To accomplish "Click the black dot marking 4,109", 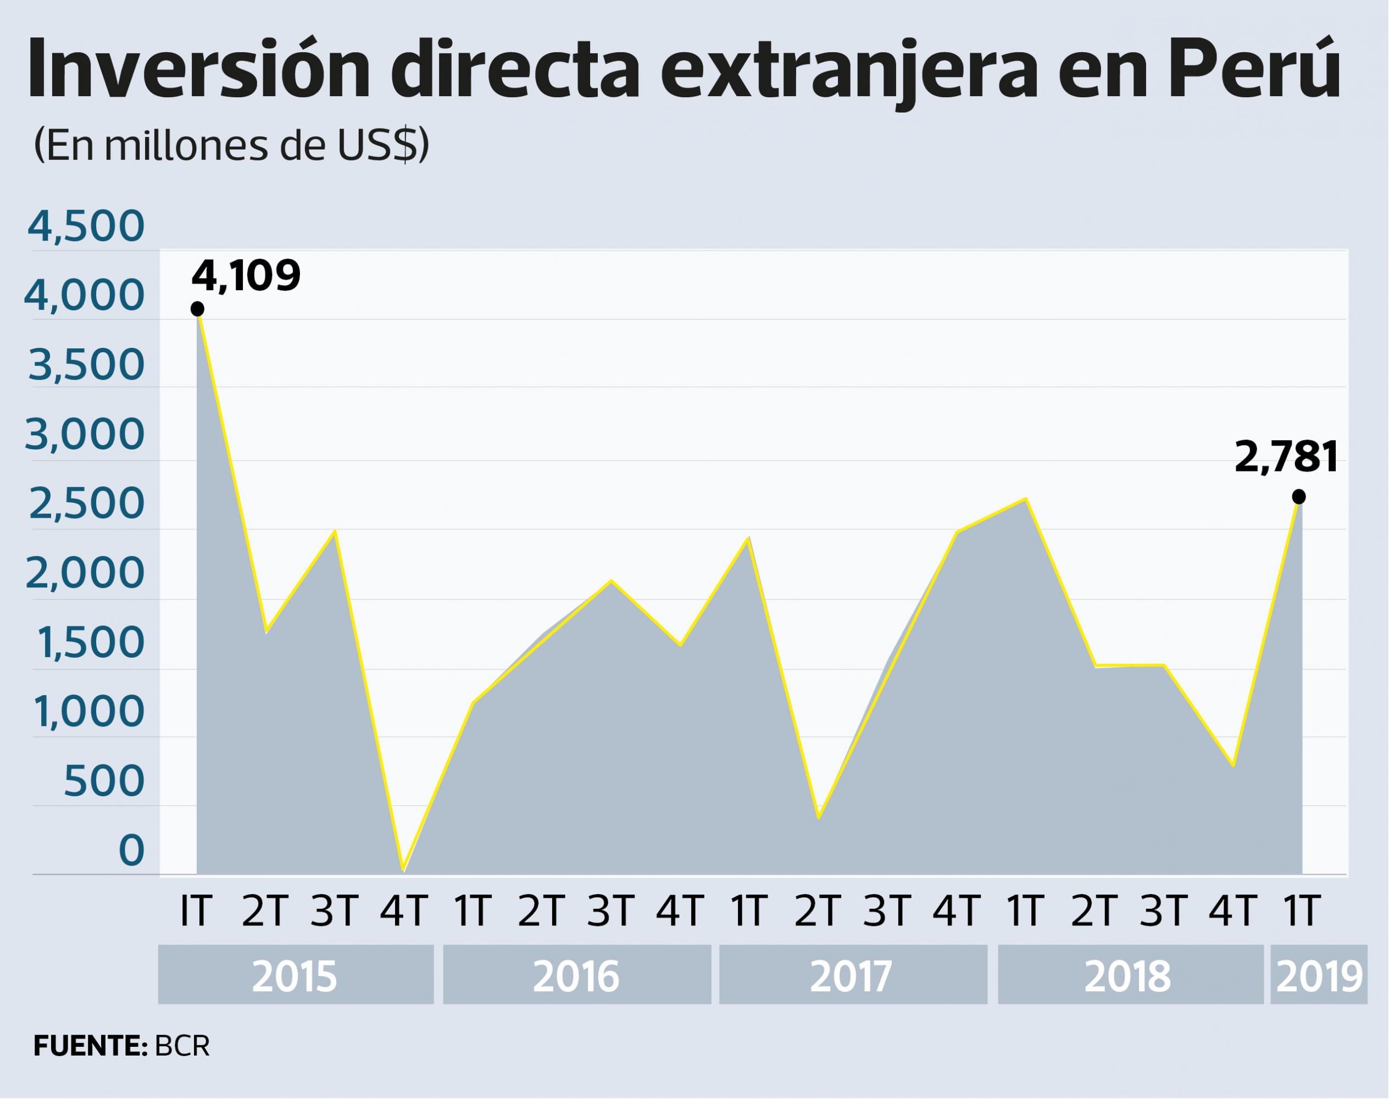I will [x=197, y=309].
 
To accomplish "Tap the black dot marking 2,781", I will [x=1298, y=497].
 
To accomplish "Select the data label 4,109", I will [x=246, y=275].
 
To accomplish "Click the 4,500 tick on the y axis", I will [x=86, y=226].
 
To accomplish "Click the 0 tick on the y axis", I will [x=132, y=850].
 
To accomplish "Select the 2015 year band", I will [x=295, y=975].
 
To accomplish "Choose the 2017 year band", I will [x=852, y=975].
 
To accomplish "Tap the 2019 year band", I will [x=1318, y=975].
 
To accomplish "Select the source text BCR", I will [x=182, y=1046].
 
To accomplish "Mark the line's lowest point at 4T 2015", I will [x=403, y=870].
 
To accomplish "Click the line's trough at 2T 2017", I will [x=818, y=817].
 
